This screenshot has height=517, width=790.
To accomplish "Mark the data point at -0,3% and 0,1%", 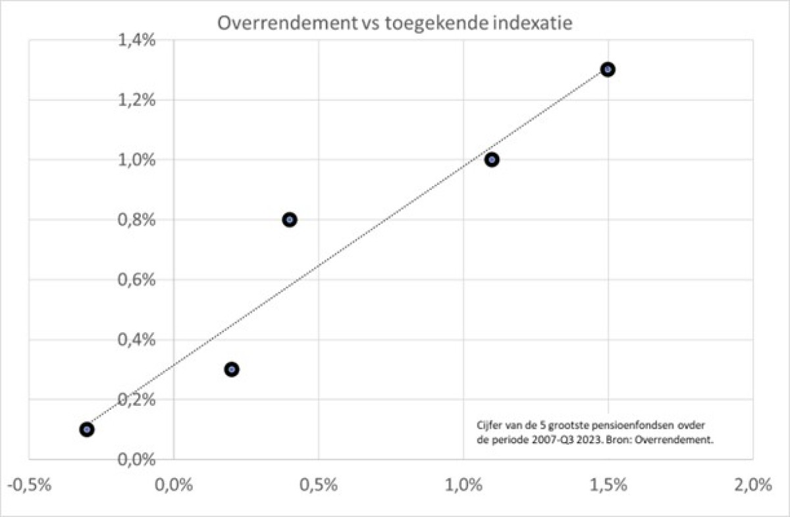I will click(86, 430).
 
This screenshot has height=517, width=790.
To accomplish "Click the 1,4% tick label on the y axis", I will click(137, 41).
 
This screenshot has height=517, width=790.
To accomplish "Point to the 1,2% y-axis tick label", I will click(137, 100).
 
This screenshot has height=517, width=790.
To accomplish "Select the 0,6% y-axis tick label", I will click(137, 280).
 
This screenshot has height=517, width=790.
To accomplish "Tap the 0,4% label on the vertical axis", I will click(137, 339).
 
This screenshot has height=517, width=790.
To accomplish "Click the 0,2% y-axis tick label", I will click(137, 399).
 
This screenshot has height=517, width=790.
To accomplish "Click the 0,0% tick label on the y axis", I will click(137, 459).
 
